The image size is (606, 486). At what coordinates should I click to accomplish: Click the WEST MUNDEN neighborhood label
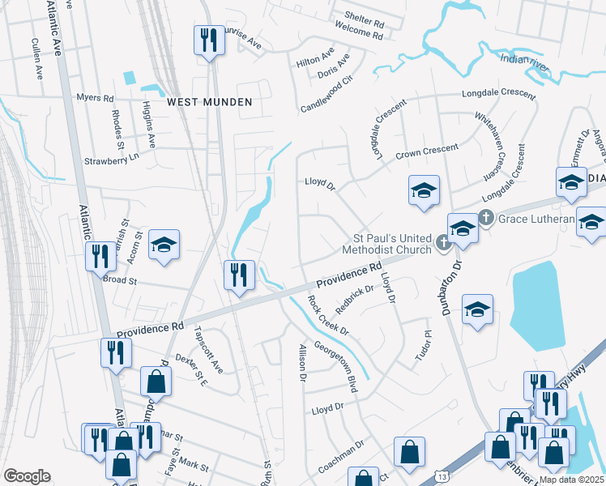click(209, 102)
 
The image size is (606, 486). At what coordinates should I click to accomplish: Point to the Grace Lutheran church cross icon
click(485, 217)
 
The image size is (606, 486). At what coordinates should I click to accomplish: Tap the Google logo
click(27, 475)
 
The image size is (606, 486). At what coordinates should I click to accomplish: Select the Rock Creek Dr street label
click(328, 314)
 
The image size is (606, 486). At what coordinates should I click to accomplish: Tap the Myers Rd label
click(95, 97)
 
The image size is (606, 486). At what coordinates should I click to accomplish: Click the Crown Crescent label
click(426, 151)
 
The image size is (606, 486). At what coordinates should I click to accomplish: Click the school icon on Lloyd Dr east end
click(424, 191)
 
